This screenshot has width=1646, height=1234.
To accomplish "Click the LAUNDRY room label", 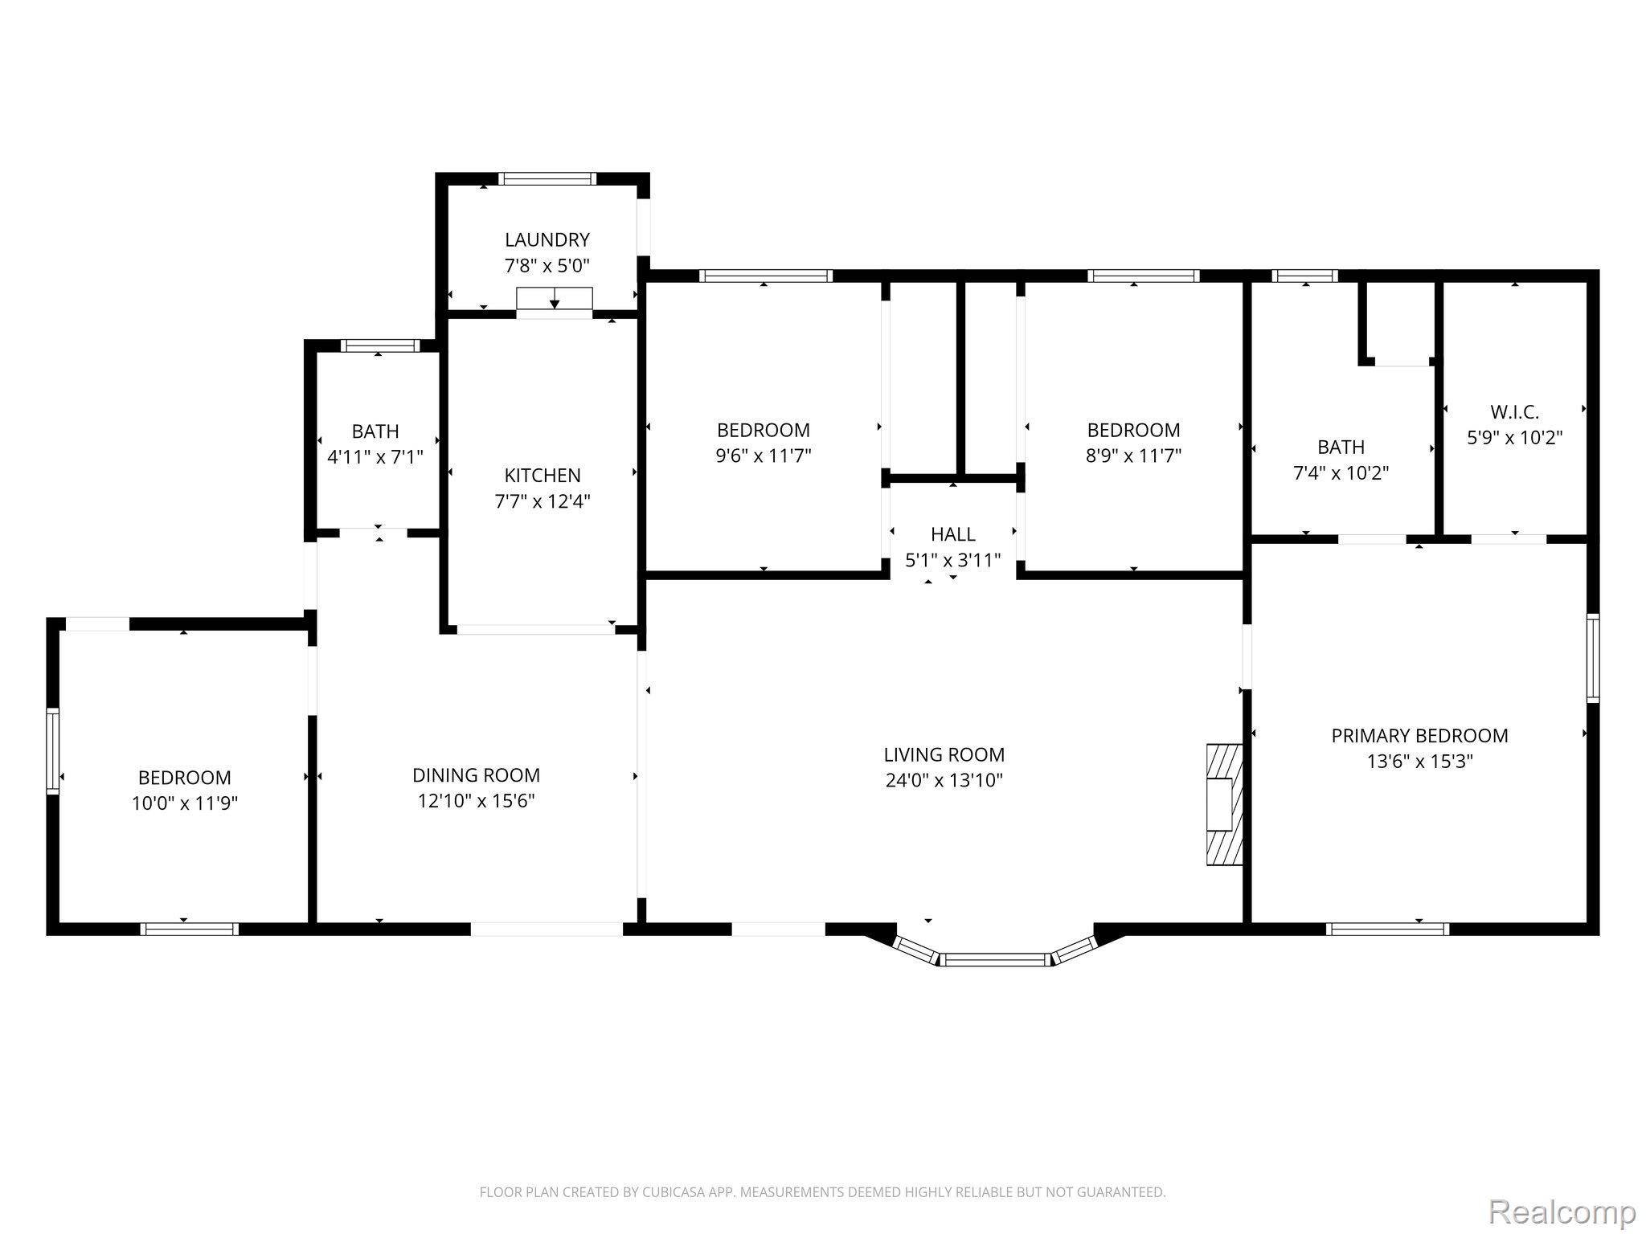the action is point(547,239).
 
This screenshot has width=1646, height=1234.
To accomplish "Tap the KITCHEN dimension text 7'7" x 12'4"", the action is point(543,501).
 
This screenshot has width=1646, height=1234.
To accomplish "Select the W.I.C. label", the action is point(1515,412).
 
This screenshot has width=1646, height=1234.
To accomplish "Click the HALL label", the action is point(953,534).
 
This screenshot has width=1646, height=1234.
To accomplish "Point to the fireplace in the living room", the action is point(1224,804).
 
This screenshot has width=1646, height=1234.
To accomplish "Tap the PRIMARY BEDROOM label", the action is point(1419,735).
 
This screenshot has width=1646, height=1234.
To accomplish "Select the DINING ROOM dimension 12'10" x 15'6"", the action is point(476,801).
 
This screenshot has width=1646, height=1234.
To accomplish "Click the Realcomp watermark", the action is point(1562,1211).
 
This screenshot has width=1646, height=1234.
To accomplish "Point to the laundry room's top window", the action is point(547,178).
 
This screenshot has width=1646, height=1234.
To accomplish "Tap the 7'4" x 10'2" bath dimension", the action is point(1341,473).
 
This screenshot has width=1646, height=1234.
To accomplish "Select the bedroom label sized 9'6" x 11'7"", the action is point(764,430).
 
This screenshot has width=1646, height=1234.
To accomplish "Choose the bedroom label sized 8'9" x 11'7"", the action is point(1133,430).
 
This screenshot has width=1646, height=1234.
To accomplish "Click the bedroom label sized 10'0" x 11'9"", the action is point(185,778).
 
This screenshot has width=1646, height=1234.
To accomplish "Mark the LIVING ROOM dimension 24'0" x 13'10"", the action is point(944,780).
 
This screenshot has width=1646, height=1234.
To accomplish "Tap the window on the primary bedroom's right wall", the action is point(1592,658).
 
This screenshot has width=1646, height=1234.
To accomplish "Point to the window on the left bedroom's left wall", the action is point(53,751).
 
